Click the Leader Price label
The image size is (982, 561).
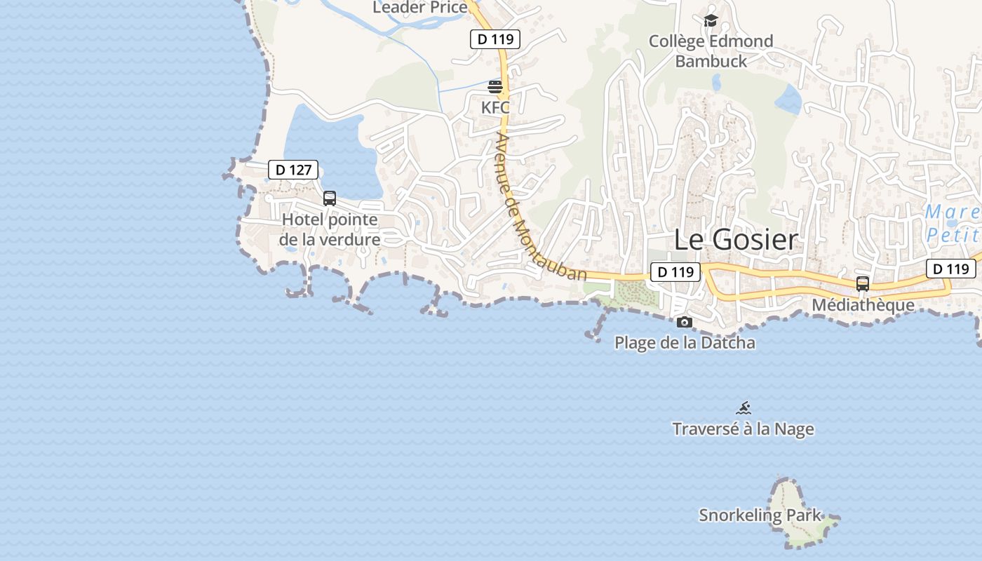(419, 7)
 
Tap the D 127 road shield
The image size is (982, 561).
(293, 170)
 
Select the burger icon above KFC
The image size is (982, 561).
(495, 87)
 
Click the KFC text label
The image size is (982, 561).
(495, 108)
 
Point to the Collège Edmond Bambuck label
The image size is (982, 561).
(711, 51)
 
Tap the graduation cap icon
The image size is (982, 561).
(711, 20)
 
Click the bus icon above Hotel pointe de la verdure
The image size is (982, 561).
(330, 198)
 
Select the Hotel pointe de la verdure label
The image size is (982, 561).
(330, 229)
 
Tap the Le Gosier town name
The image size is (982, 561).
(736, 240)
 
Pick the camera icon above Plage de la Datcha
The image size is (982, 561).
(685, 323)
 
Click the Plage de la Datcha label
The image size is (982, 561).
(685, 343)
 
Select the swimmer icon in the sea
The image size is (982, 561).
(744, 408)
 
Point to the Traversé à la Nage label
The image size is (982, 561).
(743, 428)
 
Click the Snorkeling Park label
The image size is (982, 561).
(760, 515)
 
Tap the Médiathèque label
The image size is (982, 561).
(863, 305)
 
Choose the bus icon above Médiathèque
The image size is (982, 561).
(863, 284)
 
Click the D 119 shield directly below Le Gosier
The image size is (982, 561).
(675, 272)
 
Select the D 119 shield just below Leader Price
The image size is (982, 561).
(495, 40)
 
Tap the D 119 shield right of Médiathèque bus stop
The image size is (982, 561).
(951, 269)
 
